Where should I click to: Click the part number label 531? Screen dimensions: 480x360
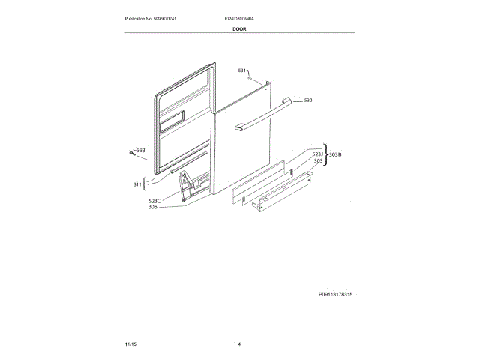pyautogui.click(x=242, y=70)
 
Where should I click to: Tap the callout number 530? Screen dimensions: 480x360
pyautogui.click(x=307, y=100)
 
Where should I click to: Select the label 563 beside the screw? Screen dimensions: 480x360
pyautogui.click(x=141, y=151)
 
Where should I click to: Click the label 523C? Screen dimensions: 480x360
pyautogui.click(x=155, y=201)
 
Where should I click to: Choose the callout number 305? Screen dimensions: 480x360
pyautogui.click(x=154, y=208)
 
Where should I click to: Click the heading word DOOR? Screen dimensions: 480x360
pyautogui.click(x=239, y=28)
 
